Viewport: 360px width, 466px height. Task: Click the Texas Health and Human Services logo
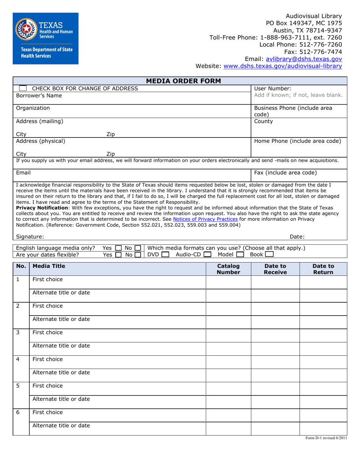pyautogui.click(x=45, y=38)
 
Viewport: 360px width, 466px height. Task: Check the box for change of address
pyautogui.click(x=23, y=88)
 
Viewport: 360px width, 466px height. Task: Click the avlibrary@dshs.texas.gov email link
pyautogui.click(x=304, y=59)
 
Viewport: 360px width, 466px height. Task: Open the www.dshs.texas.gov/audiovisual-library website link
pyautogui.click(x=283, y=66)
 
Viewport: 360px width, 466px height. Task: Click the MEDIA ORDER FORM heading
pyautogui.click(x=180, y=81)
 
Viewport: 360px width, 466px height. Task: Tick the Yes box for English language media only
pyautogui.click(x=118, y=248)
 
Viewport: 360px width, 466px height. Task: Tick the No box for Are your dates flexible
pyautogui.click(x=138, y=255)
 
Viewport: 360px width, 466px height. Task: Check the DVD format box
pyautogui.click(x=165, y=255)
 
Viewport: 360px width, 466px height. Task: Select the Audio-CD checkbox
pyautogui.click(x=207, y=255)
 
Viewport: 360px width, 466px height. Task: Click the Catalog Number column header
pyautogui.click(x=228, y=269)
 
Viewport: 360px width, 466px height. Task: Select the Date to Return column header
pyautogui.click(x=323, y=269)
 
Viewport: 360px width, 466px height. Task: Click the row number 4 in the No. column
pyautogui.click(x=18, y=359)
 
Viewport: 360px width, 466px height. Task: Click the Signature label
pyautogui.click(x=30, y=237)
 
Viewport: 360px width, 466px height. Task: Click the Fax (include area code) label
pyautogui.click(x=285, y=173)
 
